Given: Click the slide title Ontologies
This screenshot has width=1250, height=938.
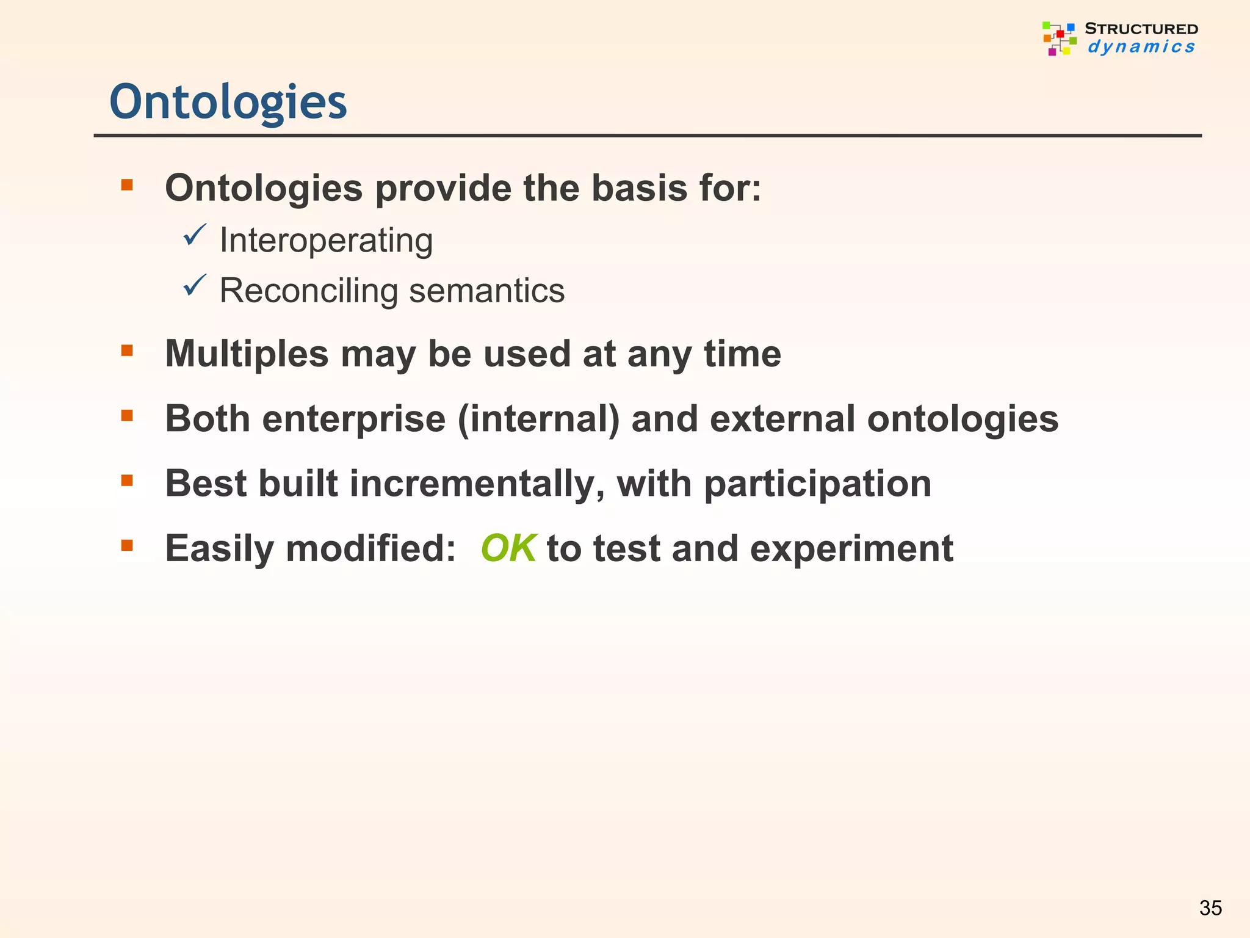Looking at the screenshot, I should point(228,102).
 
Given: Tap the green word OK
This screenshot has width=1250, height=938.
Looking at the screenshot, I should point(508,548).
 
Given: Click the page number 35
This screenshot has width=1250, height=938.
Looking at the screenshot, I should point(1210,908).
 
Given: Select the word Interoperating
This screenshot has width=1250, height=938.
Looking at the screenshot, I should point(326,240).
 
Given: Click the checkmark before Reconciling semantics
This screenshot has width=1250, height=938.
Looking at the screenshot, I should point(195,286).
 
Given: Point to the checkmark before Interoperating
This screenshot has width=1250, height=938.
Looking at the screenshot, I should point(195,235).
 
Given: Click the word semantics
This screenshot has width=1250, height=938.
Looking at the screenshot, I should point(486,291).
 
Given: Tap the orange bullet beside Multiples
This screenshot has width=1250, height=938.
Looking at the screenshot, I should point(127,351).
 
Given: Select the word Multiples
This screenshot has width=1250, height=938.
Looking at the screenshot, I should point(247,354).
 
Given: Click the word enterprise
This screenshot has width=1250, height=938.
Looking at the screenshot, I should point(353,420).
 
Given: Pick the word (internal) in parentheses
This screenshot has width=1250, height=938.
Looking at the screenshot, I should point(538,420).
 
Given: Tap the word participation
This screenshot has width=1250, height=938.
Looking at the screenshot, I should point(817,484).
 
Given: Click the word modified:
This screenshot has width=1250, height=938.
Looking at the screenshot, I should point(370,549).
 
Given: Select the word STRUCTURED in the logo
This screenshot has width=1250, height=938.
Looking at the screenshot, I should point(1141,29).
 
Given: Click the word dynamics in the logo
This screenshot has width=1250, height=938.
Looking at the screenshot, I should point(1141,47).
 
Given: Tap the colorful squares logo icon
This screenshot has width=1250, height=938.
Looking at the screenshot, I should point(1060,38).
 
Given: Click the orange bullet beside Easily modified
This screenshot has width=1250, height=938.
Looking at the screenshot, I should point(127,545).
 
